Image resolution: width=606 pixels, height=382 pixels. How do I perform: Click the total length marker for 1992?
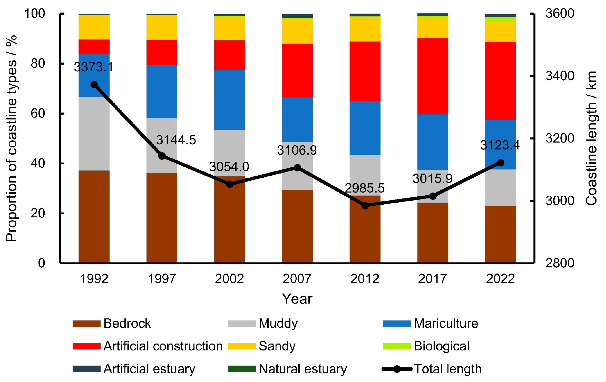point(94,85)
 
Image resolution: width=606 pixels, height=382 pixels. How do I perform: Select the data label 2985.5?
point(365,188)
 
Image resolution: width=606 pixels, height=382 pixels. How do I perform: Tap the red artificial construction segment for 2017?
point(433,76)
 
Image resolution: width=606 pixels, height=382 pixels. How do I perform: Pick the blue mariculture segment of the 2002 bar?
point(229,100)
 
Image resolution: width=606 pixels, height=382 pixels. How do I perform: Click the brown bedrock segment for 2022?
point(500,234)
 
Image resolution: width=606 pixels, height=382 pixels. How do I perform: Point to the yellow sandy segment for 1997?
point(162,27)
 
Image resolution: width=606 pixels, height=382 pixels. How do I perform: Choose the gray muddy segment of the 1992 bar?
point(94,134)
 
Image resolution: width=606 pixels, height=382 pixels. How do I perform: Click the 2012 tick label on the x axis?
point(365,279)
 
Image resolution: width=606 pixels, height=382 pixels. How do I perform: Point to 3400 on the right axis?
point(560,76)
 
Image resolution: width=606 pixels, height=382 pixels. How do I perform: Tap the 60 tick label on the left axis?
point(38,113)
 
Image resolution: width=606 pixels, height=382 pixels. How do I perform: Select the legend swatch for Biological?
point(397,346)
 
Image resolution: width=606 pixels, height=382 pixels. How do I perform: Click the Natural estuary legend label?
point(303,369)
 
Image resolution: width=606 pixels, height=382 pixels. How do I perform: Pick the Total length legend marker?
point(397,369)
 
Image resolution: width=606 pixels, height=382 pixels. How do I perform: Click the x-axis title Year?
point(297,299)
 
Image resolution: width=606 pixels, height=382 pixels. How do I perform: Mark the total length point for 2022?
point(501,163)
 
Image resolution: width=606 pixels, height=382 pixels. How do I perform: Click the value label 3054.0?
point(229,167)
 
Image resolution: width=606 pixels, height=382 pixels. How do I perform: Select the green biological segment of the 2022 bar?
point(500,19)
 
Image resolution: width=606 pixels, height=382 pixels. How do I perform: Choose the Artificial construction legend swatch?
point(86,346)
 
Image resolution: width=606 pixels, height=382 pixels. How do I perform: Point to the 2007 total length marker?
point(297,168)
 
